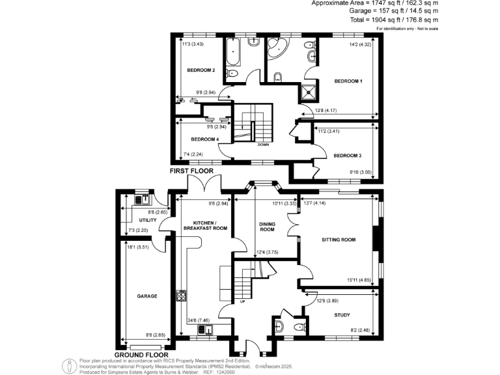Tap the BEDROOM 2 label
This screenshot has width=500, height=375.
coord(201,70)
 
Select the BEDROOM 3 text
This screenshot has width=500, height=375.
coord(347,156)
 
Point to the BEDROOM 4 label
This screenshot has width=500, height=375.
coord(204,139)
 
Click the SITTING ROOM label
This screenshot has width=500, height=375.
coord(339,240)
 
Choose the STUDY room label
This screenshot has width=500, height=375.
coord(342,315)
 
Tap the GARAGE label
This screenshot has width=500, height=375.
coord(147,296)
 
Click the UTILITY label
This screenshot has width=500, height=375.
coord(139,221)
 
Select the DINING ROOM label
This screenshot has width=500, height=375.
coord(268,227)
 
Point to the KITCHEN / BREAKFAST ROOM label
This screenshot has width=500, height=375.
coord(205,225)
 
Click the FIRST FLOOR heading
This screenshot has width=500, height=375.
coord(191,171)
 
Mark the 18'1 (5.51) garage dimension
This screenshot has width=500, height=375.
coord(138,247)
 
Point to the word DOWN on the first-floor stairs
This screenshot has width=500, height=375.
coord(263,145)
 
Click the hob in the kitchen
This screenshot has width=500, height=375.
coord(181,296)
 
